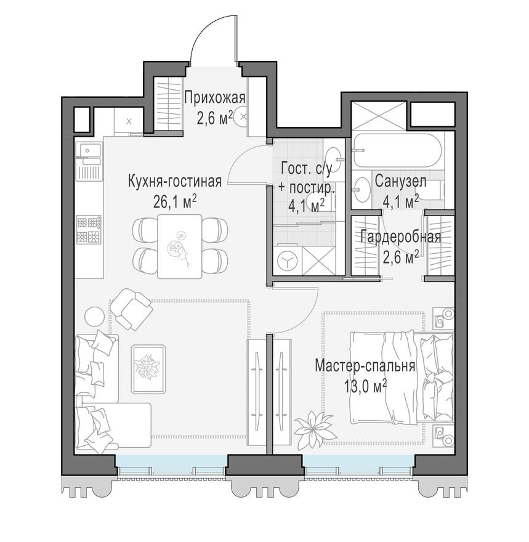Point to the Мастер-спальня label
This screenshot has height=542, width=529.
[x=365, y=366]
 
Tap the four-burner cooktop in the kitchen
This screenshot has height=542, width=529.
[x=88, y=229]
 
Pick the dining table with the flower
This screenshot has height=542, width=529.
[x=179, y=246]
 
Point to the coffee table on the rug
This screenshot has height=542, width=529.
[x=148, y=368]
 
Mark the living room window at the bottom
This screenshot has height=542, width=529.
[x=171, y=463]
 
